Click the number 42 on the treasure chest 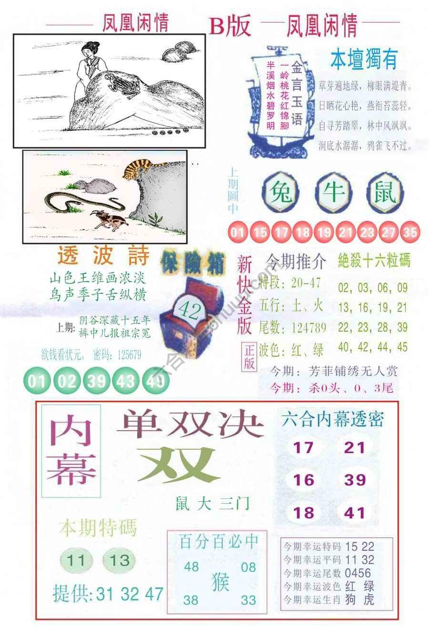coord(189,310)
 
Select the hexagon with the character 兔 coord(281,193)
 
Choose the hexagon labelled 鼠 coord(386,193)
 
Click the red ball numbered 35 coord(410,233)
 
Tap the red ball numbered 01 coord(237,233)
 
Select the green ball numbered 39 coord(95,381)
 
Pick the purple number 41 coord(355,513)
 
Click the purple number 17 coord(303,447)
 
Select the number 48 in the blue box coord(191,567)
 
